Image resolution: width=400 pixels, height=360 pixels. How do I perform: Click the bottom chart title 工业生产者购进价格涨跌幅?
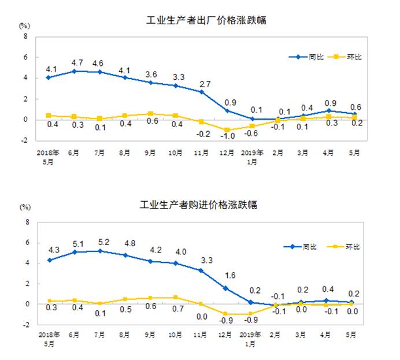(x=199, y=205)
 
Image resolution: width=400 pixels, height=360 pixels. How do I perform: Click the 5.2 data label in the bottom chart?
(x=100, y=242)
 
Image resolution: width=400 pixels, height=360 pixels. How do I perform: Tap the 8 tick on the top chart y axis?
(x=25, y=36)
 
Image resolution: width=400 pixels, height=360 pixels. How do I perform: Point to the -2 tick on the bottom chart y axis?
(x=24, y=325)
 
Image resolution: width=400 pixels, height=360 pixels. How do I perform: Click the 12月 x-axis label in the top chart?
(x=227, y=153)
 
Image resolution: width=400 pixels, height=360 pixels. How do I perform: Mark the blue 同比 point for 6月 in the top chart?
(x=75, y=71)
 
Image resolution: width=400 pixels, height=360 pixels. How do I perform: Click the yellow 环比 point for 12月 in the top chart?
(x=227, y=130)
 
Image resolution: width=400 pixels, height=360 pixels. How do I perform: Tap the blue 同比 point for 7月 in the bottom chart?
(x=100, y=251)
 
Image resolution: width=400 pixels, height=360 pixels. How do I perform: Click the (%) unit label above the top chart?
(x=24, y=26)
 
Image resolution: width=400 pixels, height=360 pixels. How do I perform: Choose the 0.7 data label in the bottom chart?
(x=177, y=308)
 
